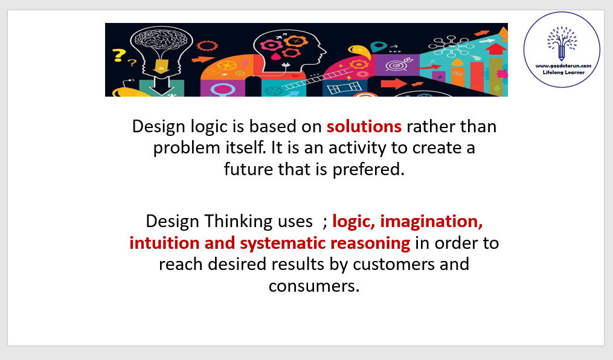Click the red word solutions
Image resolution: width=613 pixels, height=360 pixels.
[x=364, y=127]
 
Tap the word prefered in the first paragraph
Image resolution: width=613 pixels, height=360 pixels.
[x=368, y=170]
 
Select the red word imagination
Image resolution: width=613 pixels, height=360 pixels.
[x=432, y=222]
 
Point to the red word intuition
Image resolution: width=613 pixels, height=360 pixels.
[x=164, y=243]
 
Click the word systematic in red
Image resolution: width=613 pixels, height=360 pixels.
[x=283, y=243]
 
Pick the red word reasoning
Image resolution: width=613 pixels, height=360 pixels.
[x=370, y=243]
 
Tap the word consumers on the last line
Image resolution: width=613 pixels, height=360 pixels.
[x=314, y=286]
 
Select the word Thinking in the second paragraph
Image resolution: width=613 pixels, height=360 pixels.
[x=239, y=222]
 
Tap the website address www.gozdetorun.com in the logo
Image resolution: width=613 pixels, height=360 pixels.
[x=563, y=66]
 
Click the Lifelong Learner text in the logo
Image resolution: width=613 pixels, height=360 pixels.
[x=563, y=72]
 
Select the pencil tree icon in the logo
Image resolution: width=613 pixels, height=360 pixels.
[x=562, y=43]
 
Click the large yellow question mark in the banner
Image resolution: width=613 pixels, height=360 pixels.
[x=118, y=55]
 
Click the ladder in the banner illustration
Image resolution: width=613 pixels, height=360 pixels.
[x=315, y=80]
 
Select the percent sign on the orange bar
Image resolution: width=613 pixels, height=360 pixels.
[x=457, y=74]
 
